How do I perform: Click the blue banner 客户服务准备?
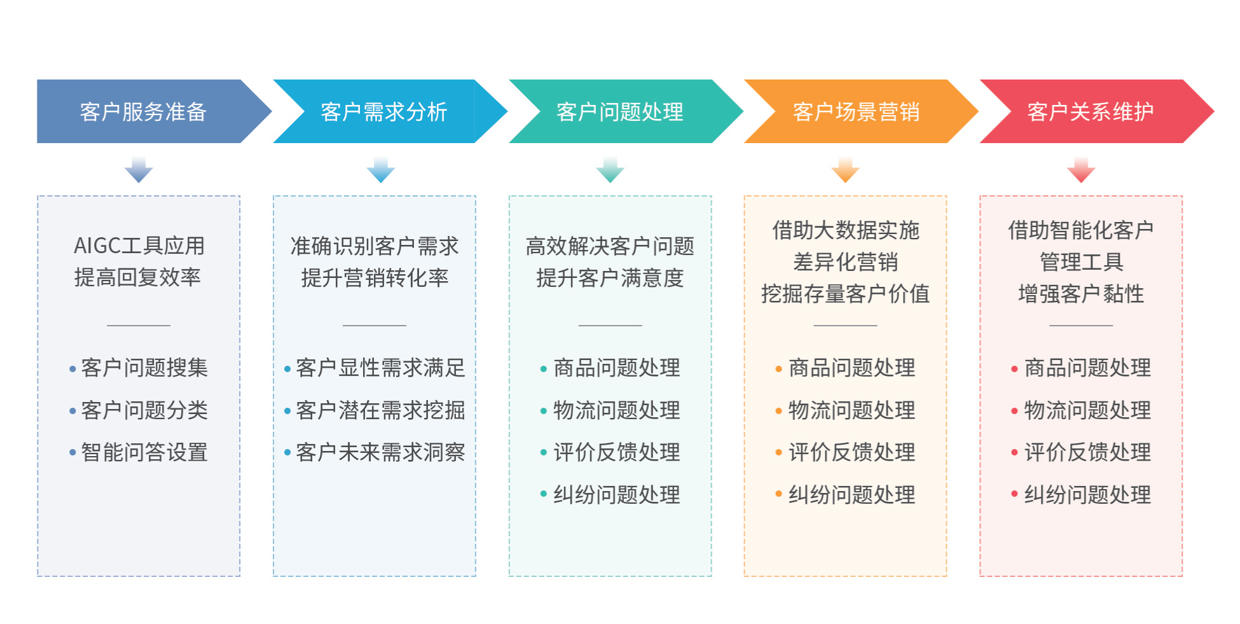click(x=143, y=112)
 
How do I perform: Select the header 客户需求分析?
click(x=383, y=112)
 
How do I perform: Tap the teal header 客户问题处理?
click(x=619, y=112)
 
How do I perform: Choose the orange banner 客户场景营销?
click(x=856, y=112)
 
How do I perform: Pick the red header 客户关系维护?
click(x=1091, y=112)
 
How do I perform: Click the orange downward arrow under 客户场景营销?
click(x=845, y=170)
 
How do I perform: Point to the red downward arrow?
click(x=1080, y=170)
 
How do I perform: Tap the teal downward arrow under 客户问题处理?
click(x=610, y=170)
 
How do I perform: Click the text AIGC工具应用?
click(x=139, y=246)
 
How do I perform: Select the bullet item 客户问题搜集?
click(x=144, y=368)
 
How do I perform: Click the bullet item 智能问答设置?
click(x=144, y=452)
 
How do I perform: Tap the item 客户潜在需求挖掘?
click(x=380, y=410)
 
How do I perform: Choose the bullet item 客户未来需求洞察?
click(x=380, y=452)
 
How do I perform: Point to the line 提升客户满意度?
click(x=610, y=278)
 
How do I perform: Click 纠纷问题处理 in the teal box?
click(x=616, y=495)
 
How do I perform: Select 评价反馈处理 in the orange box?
click(x=851, y=452)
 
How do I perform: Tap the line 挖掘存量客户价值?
click(x=845, y=294)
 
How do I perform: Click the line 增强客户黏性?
click(x=1080, y=294)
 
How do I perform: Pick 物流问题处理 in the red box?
click(x=1087, y=410)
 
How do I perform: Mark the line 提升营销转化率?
click(x=375, y=278)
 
